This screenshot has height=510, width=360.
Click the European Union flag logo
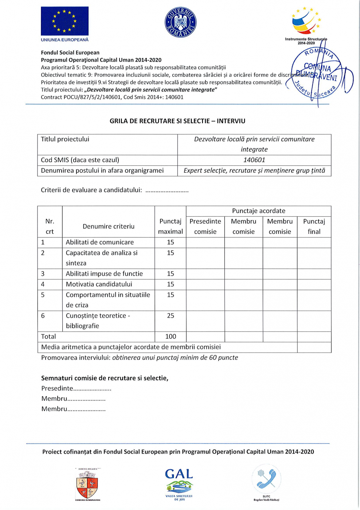pyautogui.click(x=64, y=21)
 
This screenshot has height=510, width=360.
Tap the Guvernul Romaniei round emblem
pyautogui.click(x=180, y=22)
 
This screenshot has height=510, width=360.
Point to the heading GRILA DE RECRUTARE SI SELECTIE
pyautogui.click(x=177, y=121)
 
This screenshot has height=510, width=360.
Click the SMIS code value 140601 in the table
pyautogui.click(x=254, y=160)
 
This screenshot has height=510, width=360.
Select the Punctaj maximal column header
pyautogui.click(x=171, y=226)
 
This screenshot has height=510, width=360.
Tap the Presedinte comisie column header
pyautogui.click(x=205, y=226)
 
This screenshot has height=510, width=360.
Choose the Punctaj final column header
pyautogui.click(x=314, y=226)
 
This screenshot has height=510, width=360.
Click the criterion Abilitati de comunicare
pyautogui.click(x=100, y=242)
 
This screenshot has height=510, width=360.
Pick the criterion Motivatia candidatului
pyautogui.click(x=99, y=284)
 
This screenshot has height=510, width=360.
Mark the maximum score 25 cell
pyautogui.click(x=171, y=316)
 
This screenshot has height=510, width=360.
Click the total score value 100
pyautogui.click(x=171, y=337)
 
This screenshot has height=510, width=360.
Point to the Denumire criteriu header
pyautogui.click(x=109, y=226)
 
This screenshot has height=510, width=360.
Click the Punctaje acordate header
pyautogui.click(x=259, y=211)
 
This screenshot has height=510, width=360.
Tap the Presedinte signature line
pyautogui.click(x=76, y=388)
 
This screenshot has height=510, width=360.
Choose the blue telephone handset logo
pyautogui.click(x=267, y=479)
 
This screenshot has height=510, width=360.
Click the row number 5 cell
pyautogui.click(x=43, y=295)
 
